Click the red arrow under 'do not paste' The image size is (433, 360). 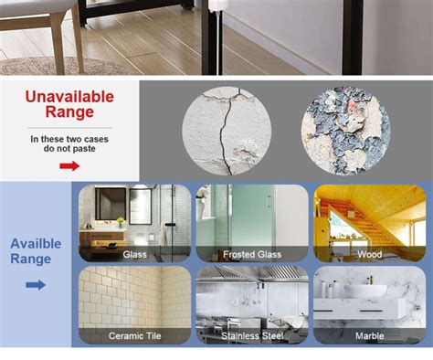pyautogui.click(x=69, y=165)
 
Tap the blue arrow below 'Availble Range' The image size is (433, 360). pyautogui.click(x=36, y=285)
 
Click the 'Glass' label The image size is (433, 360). pyautogui.click(x=134, y=254)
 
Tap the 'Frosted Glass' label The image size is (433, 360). pyautogui.click(x=251, y=254)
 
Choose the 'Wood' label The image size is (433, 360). pyautogui.click(x=369, y=254)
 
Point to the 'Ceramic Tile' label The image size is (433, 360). pyautogui.click(x=134, y=335)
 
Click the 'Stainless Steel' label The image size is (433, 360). pyautogui.click(x=251, y=335)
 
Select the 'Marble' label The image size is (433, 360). pyautogui.click(x=369, y=335)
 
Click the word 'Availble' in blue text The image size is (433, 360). pyautogui.click(x=36, y=244)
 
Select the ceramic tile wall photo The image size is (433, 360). pyautogui.click(x=134, y=297)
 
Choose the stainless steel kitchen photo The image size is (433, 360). pyautogui.click(x=251, y=297)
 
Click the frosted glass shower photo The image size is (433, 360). pyautogui.click(x=251, y=216)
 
